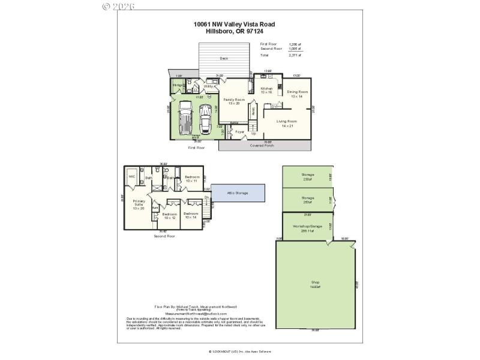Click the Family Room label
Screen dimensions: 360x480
234,101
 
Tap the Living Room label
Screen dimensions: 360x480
286,123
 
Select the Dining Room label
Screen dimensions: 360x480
298,94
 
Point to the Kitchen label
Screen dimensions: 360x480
266,90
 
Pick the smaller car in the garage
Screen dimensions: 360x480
206,118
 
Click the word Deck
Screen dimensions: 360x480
223,58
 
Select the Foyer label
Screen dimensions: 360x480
239,131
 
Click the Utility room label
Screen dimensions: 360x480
208,86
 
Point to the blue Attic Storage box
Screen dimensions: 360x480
238,193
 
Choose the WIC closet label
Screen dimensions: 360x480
131,177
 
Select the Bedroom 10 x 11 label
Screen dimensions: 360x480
192,178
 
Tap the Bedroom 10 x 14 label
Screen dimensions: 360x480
191,215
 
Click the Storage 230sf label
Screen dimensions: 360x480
308,177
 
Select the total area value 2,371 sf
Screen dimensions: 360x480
295,55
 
